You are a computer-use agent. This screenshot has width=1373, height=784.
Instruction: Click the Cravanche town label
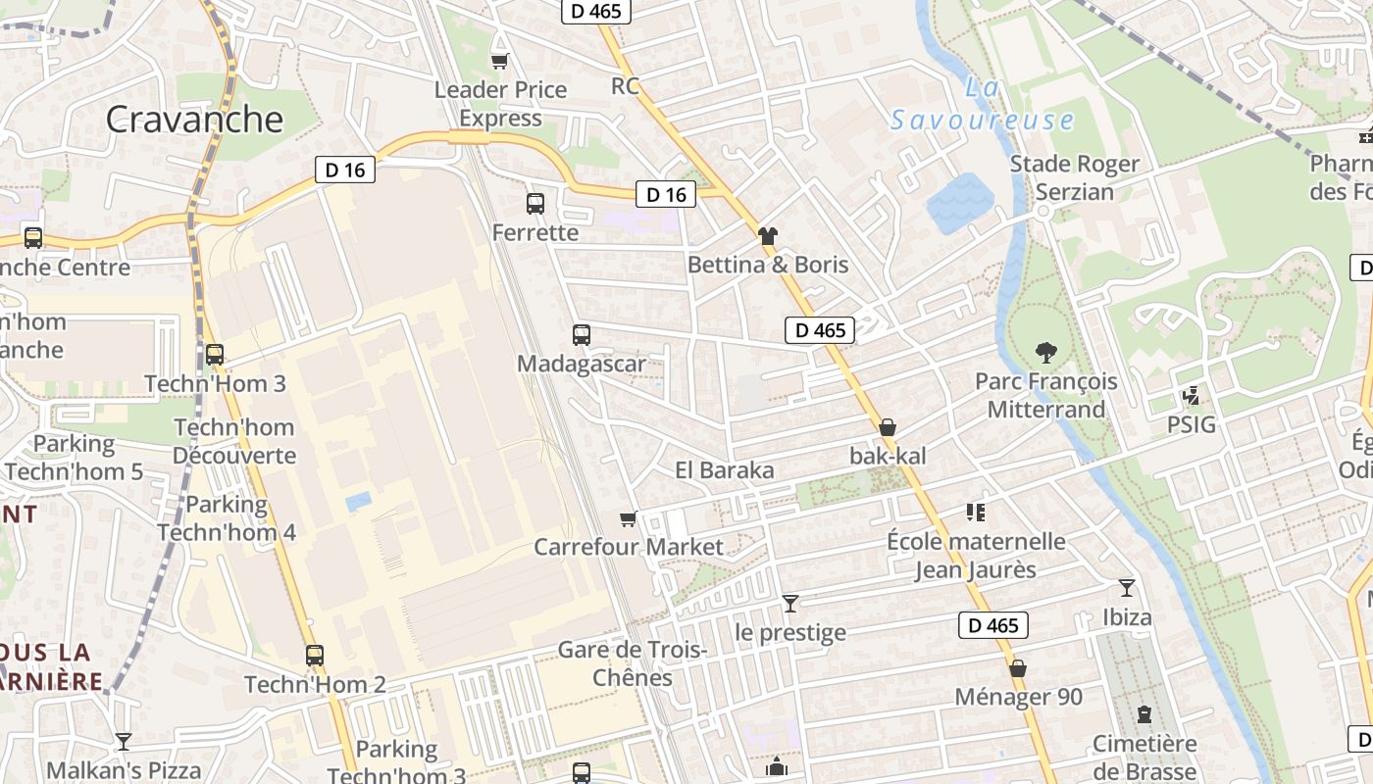click(x=194, y=120)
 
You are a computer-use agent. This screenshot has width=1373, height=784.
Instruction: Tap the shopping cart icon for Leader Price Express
click(x=499, y=61)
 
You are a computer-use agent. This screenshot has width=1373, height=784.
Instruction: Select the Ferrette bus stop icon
click(x=535, y=204)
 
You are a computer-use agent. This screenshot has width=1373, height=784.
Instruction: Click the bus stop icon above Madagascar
click(x=582, y=335)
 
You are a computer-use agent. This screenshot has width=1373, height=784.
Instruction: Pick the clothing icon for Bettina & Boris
click(x=768, y=235)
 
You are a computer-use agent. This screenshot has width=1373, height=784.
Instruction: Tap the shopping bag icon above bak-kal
click(x=888, y=427)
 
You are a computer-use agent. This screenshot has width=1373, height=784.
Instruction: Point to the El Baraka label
click(x=725, y=470)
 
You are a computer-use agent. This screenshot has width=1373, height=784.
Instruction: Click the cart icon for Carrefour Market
click(x=628, y=518)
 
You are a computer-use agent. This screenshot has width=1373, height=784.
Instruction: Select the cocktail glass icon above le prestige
click(x=790, y=603)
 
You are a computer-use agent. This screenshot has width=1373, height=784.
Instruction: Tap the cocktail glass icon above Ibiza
click(x=1127, y=588)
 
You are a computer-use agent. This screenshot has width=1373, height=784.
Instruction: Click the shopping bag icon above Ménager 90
click(x=1018, y=668)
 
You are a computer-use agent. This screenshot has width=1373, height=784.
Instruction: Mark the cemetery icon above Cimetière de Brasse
click(x=1144, y=714)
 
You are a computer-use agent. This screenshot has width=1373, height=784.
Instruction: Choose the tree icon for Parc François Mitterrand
click(x=1046, y=352)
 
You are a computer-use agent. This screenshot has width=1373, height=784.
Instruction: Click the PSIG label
click(x=1191, y=425)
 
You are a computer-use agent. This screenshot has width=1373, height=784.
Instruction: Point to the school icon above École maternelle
click(x=975, y=512)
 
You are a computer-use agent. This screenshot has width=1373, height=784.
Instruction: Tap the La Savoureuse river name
click(x=983, y=105)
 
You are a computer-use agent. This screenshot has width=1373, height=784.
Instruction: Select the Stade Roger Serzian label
click(x=1075, y=177)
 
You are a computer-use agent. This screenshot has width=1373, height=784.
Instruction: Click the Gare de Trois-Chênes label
click(x=633, y=663)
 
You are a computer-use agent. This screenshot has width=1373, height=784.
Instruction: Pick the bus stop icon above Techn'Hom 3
click(x=215, y=355)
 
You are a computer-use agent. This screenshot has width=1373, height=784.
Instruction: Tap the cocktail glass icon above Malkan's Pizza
click(x=124, y=741)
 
